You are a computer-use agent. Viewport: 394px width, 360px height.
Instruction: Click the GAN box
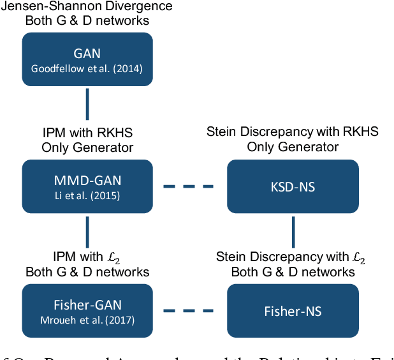coord(87,59)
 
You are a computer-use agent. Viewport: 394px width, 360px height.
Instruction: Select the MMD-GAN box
coord(87,186)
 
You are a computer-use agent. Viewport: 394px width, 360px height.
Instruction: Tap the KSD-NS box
coord(293,186)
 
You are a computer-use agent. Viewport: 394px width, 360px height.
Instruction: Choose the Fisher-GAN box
coord(87,311)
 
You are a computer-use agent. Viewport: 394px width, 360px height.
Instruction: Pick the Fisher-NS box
coord(293,311)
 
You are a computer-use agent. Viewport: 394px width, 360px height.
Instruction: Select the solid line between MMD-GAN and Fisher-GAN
coord(87,232)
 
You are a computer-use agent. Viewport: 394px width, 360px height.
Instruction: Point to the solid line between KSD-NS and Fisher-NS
coord(293,232)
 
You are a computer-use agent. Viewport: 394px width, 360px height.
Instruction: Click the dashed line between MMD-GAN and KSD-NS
coord(189,186)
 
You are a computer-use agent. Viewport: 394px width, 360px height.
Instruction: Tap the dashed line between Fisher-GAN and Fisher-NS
coord(189,311)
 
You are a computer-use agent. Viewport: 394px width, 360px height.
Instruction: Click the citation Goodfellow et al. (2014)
coord(87,67)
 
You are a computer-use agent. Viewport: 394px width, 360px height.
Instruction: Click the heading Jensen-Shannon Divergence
coord(87,7)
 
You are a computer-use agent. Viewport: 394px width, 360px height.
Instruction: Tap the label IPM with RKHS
coord(87,133)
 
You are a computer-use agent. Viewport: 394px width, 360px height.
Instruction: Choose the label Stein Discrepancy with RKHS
coord(293,132)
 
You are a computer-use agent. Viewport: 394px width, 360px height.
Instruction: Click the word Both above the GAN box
coord(38,20)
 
